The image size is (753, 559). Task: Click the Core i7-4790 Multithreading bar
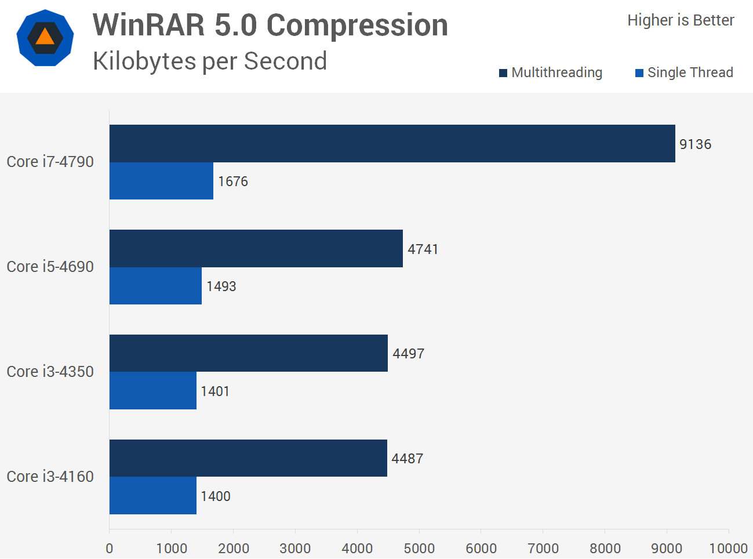click(x=392, y=143)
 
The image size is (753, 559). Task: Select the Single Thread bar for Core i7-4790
click(x=161, y=181)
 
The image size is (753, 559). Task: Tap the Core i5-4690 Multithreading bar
click(x=256, y=248)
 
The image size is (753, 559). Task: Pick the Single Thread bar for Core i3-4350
click(x=152, y=390)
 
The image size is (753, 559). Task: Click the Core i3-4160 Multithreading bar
click(x=248, y=458)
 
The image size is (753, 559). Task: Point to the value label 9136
click(x=695, y=144)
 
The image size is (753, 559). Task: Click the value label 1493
click(x=221, y=286)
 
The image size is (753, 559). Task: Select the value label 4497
click(x=408, y=354)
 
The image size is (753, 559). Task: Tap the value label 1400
click(x=215, y=496)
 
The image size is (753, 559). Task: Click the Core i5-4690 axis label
click(x=50, y=267)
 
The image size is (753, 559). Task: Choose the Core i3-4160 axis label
click(x=50, y=477)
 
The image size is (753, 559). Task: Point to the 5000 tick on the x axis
click(x=419, y=548)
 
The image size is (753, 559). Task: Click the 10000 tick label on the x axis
click(x=728, y=548)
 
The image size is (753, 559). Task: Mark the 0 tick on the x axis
click(x=109, y=548)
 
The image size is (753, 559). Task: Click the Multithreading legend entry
click(x=551, y=72)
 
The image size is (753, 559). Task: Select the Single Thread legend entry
click(x=684, y=72)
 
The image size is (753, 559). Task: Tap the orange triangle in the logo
click(x=45, y=38)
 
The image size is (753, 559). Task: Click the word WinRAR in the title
click(x=148, y=26)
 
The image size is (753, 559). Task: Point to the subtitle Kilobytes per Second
click(x=210, y=61)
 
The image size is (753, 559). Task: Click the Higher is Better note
click(x=681, y=20)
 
